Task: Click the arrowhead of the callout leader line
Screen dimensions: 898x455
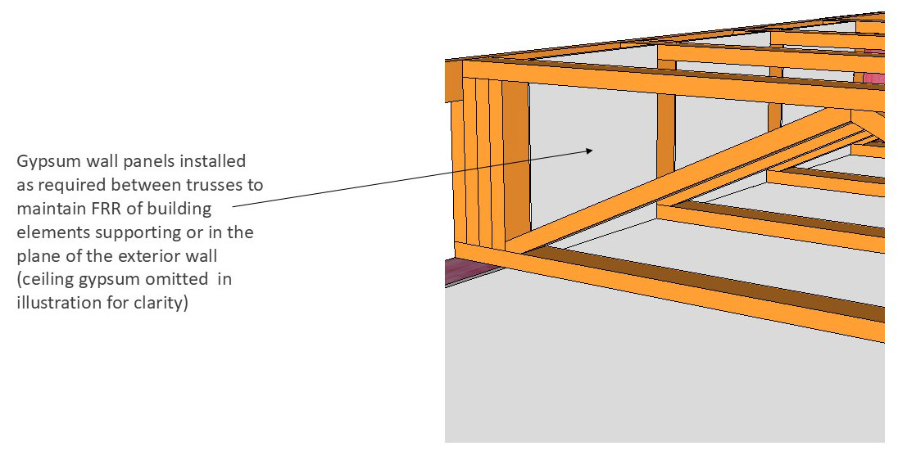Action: point(591,151)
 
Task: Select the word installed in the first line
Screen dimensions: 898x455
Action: point(213,161)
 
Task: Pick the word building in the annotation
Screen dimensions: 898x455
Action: point(179,209)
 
